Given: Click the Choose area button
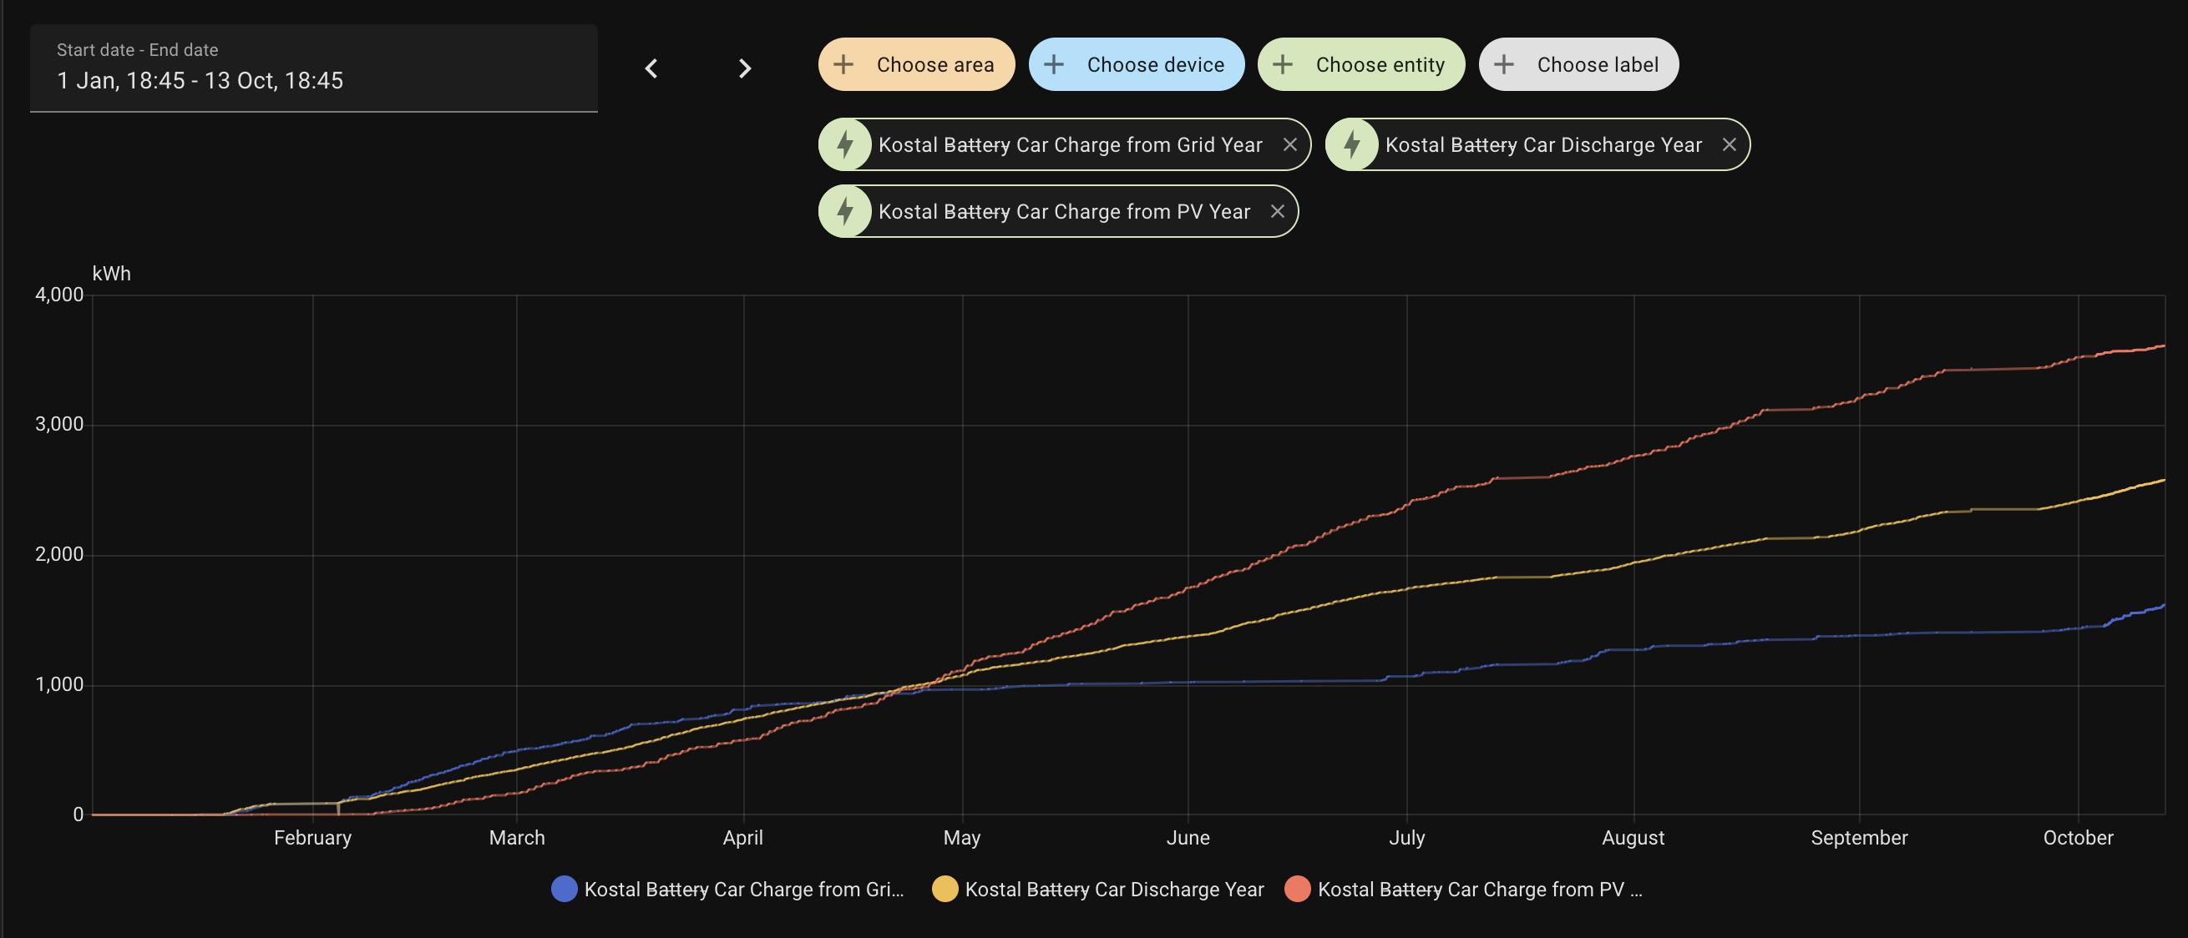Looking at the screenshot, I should (915, 64).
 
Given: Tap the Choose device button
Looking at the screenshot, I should (1136, 64).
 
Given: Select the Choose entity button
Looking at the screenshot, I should (1360, 64).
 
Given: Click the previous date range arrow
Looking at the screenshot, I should (651, 68).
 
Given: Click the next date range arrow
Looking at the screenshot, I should (745, 68).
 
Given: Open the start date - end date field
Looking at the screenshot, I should (313, 68).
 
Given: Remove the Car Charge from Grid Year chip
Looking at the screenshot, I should (1289, 145).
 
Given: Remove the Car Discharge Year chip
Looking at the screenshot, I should (1729, 145).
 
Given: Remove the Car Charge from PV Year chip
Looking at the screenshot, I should (1277, 211).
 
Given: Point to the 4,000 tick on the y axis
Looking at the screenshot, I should (59, 295).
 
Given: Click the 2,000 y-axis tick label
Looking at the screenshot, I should (59, 554).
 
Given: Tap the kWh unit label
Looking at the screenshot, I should (111, 274).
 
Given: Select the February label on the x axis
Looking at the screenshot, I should (312, 838).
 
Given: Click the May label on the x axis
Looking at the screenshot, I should (961, 838).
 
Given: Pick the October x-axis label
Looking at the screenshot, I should (2078, 838).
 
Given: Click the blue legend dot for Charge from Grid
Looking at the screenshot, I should (564, 889).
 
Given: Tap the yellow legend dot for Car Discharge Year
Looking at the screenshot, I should (945, 889).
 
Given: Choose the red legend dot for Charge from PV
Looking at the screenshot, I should (1297, 889).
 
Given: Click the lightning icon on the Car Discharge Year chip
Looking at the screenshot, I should (1351, 145).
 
